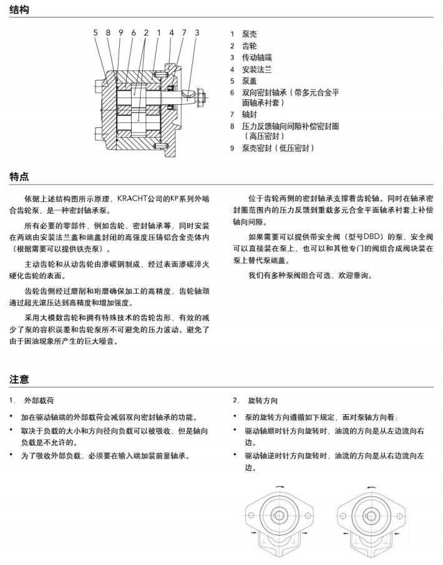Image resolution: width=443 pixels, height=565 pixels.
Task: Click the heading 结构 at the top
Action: tap(19, 10)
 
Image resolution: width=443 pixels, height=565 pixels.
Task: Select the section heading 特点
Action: tap(19, 176)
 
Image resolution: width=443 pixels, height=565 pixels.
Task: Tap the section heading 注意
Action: tap(19, 379)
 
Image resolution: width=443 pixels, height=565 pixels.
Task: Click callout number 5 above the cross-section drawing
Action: tap(96, 32)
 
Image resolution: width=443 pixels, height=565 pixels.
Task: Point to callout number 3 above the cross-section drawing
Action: tap(197, 32)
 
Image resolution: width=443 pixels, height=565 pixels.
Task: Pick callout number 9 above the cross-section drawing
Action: tap(121, 32)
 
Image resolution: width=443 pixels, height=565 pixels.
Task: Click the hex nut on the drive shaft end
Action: tap(203, 96)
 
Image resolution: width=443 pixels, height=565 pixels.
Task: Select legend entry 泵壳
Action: tap(249, 34)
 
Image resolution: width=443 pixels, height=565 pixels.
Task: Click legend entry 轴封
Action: tap(249, 114)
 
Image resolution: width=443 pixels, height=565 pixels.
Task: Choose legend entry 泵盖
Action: tap(249, 81)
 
